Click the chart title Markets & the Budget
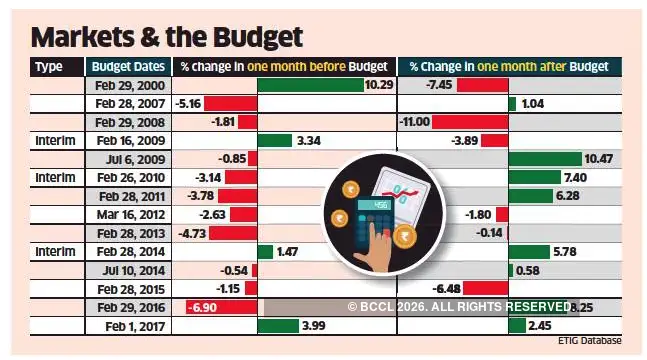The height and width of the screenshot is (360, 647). coord(166,37)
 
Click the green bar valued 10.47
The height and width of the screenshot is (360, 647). coord(544,159)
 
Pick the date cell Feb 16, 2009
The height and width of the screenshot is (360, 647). coord(122,141)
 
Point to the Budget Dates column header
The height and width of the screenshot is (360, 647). coord(122,66)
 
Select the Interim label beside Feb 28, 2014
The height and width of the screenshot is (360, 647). coord(54,252)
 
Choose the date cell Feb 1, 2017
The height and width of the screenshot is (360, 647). coord(122,326)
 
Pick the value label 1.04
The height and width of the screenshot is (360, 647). coord(532,104)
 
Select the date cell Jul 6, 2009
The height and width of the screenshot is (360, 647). coord(122,159)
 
